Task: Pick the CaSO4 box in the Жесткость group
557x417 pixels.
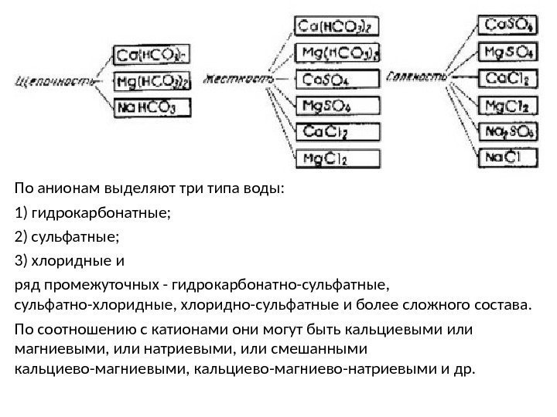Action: (x=339, y=79)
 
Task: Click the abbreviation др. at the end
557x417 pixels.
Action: (x=460, y=365)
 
